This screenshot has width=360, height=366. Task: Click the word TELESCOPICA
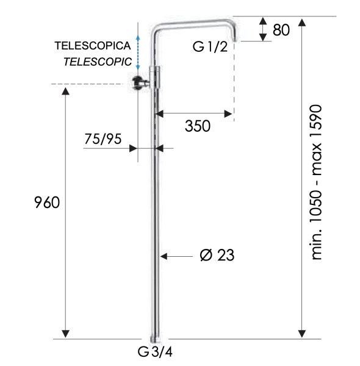click(93, 46)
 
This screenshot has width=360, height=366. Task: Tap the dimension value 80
click(281, 30)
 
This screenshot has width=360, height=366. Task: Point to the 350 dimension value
click(197, 126)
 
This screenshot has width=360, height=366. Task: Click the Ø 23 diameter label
click(217, 256)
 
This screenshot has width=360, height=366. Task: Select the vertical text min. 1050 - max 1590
click(317, 182)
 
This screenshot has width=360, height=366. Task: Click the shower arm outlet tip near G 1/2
click(236, 38)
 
